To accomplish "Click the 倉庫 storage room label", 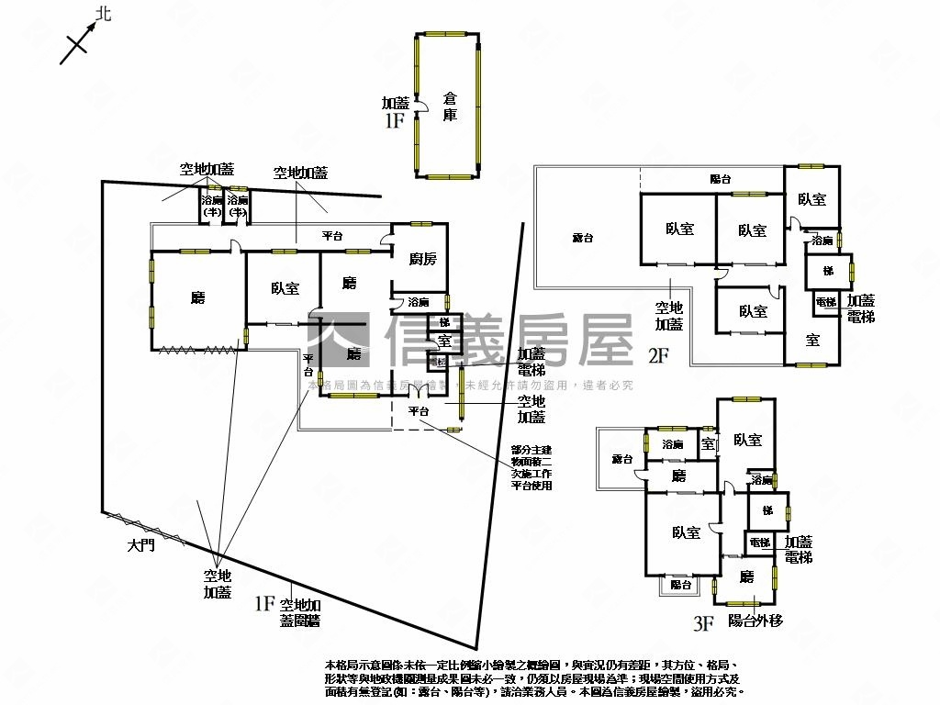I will pos(450,106).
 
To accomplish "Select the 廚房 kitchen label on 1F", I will pos(422,259).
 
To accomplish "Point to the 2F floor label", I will pos(658,354).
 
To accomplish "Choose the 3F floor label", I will pos(703,624).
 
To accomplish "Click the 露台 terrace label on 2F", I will pos(583,238).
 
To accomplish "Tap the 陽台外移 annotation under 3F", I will pos(755,621).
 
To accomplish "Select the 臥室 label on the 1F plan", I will pos(285,288).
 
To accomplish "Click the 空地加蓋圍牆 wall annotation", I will pos(299,612).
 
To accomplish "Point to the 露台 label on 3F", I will pos(622,458).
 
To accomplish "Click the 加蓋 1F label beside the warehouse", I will pos(396,112).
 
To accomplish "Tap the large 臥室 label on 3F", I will pos(686,532).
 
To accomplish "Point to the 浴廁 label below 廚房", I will pos(419,302).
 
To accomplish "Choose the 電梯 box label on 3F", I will pos(760,543).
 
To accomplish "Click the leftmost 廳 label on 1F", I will pos(197,297).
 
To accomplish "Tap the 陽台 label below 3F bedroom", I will pos(680,585).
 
